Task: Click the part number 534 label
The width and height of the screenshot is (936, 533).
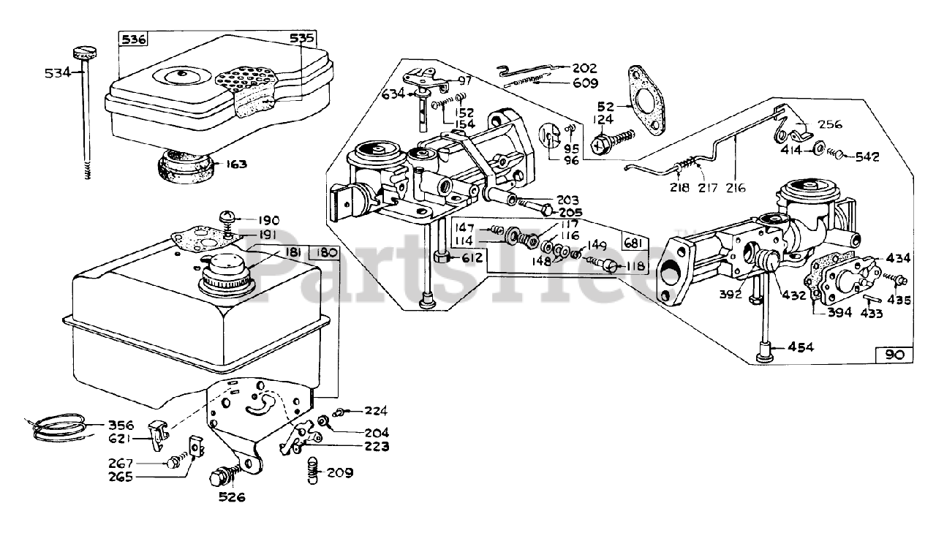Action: pyautogui.click(x=56, y=72)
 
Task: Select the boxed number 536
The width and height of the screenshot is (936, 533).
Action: pyautogui.click(x=134, y=41)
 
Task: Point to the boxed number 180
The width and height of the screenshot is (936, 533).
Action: pyautogui.click(x=324, y=252)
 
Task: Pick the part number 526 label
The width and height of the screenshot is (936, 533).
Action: pyautogui.click(x=231, y=498)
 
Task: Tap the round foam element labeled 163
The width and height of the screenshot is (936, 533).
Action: pyautogui.click(x=184, y=167)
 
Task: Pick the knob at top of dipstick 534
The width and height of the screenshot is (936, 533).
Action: pyautogui.click(x=84, y=52)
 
